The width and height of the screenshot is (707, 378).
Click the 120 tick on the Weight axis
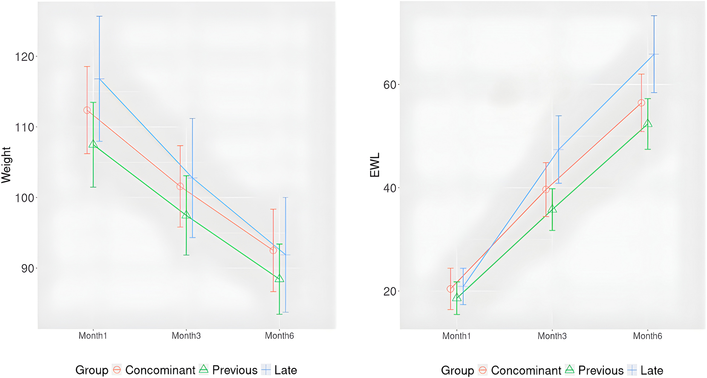(x=26, y=57)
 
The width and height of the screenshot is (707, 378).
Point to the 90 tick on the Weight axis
(x=26, y=268)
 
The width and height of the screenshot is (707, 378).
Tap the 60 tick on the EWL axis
(x=390, y=85)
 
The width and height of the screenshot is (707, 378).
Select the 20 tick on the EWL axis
(x=390, y=291)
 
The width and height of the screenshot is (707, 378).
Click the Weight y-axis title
(x=6, y=165)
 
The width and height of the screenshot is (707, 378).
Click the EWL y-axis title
(x=375, y=165)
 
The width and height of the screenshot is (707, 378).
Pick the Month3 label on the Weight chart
(x=186, y=336)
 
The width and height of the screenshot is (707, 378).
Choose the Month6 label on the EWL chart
(x=647, y=336)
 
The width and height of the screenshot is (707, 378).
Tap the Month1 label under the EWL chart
(x=456, y=336)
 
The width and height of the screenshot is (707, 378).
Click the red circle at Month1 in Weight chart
(x=87, y=110)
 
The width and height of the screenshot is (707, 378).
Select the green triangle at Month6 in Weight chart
(x=279, y=279)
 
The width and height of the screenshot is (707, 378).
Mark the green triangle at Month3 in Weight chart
(x=186, y=215)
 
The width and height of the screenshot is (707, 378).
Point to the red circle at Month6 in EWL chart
(x=641, y=103)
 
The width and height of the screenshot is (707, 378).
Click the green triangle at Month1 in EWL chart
(x=457, y=298)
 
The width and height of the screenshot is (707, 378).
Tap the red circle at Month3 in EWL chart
(x=546, y=189)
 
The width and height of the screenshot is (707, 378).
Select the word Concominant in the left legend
(x=160, y=370)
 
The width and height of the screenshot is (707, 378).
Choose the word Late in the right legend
(x=652, y=370)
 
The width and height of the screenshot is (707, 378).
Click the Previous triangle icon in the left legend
(x=204, y=369)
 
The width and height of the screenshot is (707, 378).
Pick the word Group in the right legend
(x=457, y=370)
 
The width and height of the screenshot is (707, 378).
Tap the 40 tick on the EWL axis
(x=390, y=188)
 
